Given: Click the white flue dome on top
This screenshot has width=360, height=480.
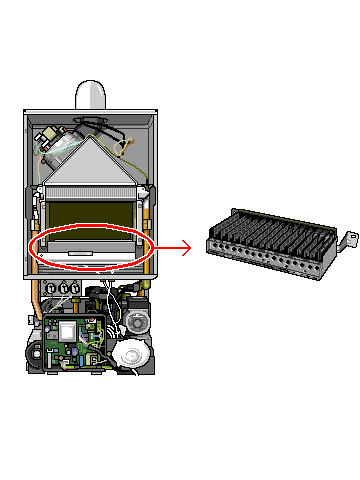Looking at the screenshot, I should pos(91,94).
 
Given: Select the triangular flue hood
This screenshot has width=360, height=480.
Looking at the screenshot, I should pos(91,160).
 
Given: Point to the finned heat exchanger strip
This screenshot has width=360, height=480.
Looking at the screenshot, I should pos(91,191).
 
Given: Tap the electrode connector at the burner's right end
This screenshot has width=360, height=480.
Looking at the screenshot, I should pos(349,239).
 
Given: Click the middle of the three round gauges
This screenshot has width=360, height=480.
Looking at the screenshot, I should pos(66,288).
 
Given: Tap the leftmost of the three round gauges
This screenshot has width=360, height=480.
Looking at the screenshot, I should pos(53,288).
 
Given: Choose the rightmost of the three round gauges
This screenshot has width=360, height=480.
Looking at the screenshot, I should pos(79,288).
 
